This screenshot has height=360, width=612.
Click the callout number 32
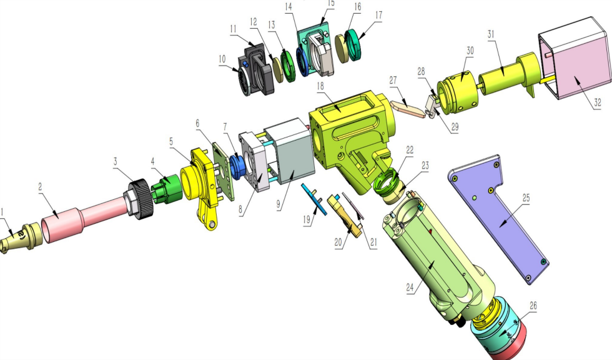coord(597,102)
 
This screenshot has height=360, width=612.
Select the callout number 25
coord(526,197)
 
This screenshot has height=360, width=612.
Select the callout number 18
coord(320,86)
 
